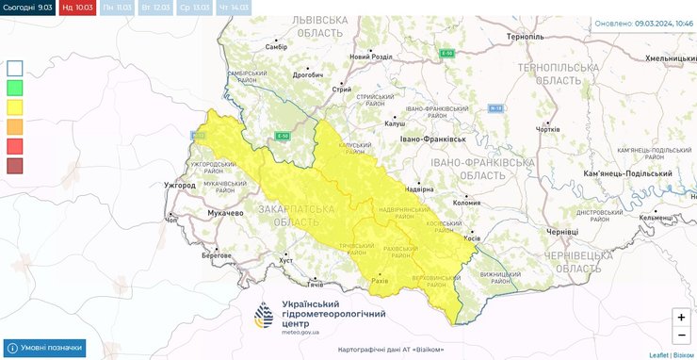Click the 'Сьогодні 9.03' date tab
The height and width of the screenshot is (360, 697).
27,8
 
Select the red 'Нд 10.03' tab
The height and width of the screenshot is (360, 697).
76,8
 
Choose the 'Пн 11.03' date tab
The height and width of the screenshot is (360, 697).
117,8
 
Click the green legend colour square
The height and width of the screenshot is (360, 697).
15,88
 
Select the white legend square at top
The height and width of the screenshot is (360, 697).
15,68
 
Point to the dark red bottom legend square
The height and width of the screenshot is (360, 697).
15,166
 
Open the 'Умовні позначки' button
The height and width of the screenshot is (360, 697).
45,348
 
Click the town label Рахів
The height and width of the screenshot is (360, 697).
379,280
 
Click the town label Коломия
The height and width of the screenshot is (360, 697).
466,201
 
